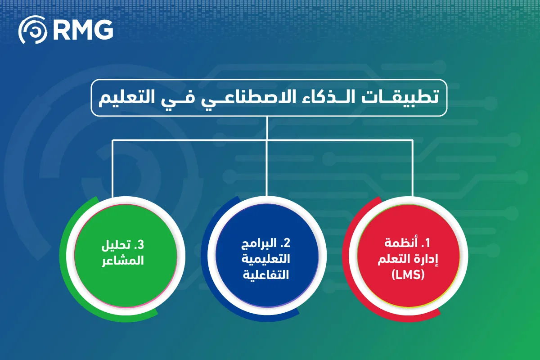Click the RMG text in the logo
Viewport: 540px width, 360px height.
[83, 30]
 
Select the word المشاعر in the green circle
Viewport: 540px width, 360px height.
[123, 260]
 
